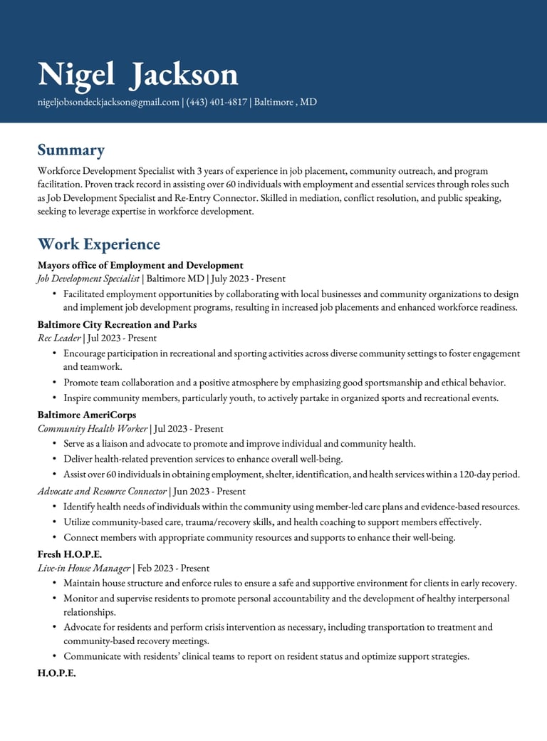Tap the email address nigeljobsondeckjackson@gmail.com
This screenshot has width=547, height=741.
(x=108, y=102)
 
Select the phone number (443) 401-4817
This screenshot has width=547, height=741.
(x=217, y=102)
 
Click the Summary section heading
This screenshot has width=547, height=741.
(x=71, y=150)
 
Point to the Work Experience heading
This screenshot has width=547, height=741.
(x=98, y=244)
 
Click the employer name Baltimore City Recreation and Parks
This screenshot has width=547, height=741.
(x=117, y=325)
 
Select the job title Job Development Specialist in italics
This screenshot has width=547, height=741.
(x=88, y=279)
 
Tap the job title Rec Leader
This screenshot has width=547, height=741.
(x=59, y=338)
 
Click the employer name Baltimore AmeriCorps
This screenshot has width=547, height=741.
(x=87, y=415)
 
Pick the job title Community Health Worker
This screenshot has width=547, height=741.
(x=93, y=429)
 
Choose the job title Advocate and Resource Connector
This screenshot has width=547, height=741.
(x=102, y=492)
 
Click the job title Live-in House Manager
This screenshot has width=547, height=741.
(x=84, y=569)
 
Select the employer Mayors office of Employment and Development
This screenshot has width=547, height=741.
(x=140, y=265)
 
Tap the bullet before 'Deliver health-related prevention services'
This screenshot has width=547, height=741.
(x=55, y=459)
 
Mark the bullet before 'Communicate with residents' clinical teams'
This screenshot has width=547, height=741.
(x=55, y=656)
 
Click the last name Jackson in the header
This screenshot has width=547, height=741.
(x=184, y=75)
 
